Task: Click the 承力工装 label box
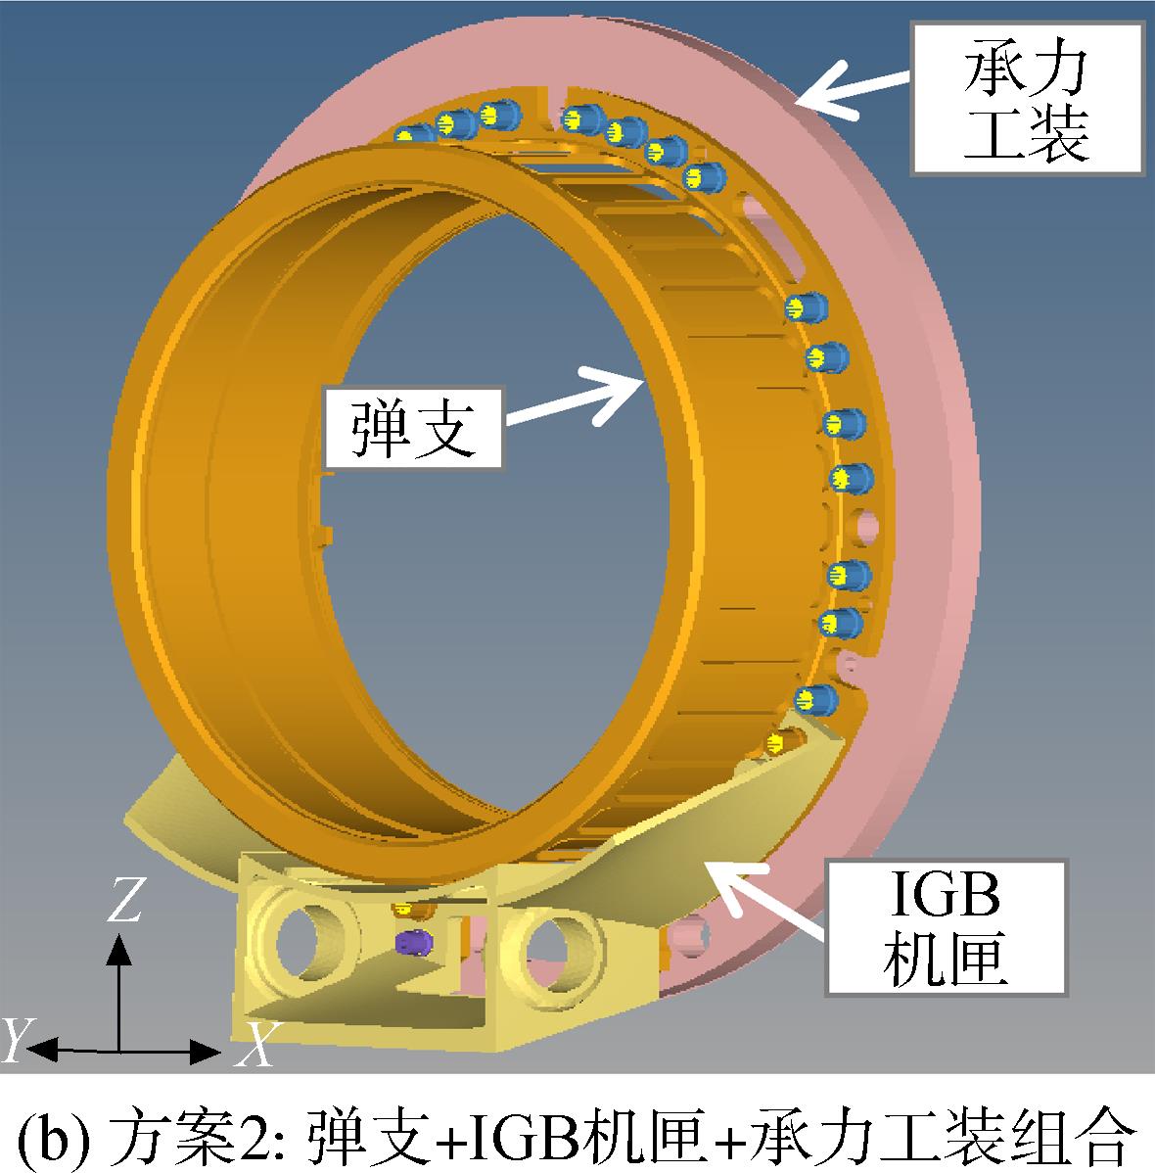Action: (x=1027, y=99)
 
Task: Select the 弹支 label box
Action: (x=413, y=427)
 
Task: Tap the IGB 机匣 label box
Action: (x=946, y=927)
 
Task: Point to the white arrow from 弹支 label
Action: (x=575, y=396)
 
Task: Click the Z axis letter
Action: (x=125, y=899)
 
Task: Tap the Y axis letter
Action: (x=17, y=1039)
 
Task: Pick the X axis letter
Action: (x=256, y=1044)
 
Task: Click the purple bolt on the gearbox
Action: (x=414, y=942)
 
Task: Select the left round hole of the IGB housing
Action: (x=306, y=940)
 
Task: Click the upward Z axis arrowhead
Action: (x=119, y=949)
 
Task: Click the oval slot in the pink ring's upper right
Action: (x=770, y=236)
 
